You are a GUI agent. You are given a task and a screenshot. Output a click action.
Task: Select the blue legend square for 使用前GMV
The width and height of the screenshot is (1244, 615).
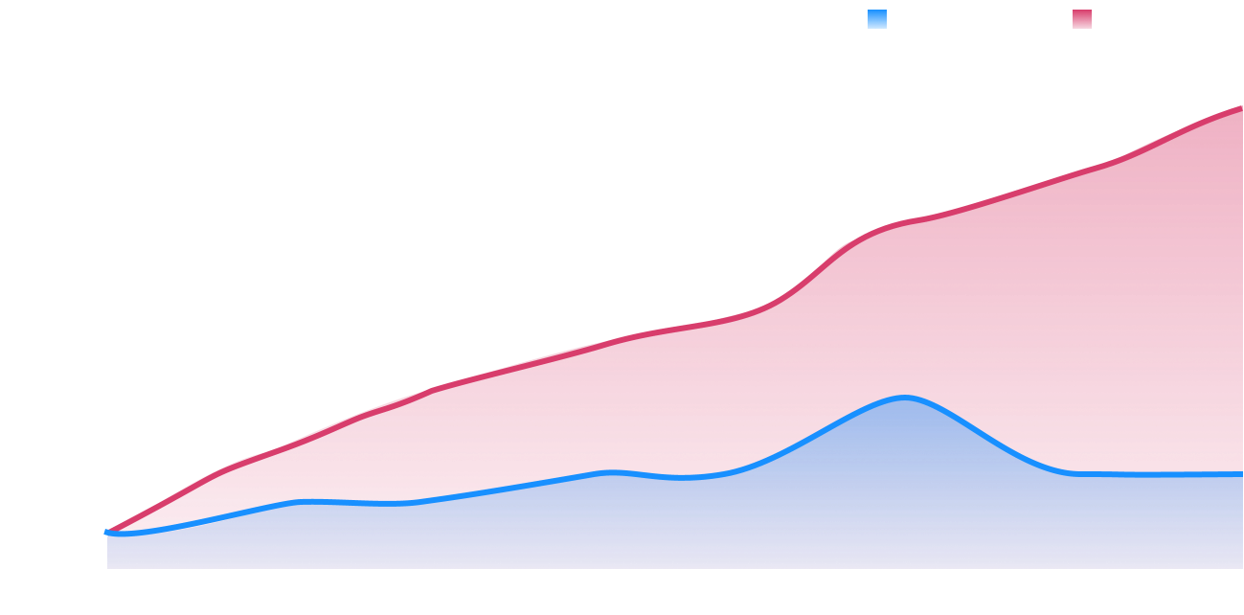877,19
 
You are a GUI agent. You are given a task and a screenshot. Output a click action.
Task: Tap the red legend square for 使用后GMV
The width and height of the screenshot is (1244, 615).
1082,19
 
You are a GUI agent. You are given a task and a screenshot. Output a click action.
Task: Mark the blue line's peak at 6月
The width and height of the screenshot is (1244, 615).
904,396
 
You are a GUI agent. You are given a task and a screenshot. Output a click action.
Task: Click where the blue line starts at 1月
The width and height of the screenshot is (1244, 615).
107,532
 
